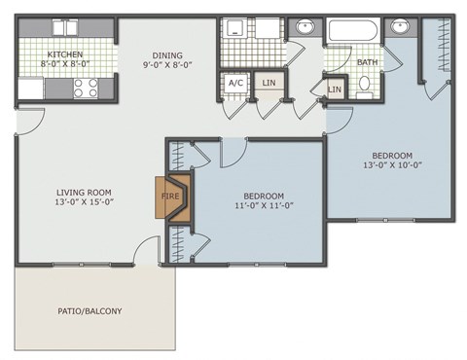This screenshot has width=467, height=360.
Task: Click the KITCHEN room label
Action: (x=65, y=54)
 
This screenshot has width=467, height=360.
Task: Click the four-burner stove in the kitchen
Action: (x=85, y=89)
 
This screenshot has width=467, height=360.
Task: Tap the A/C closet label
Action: (x=235, y=84)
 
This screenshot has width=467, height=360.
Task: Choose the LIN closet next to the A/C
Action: (x=268, y=84)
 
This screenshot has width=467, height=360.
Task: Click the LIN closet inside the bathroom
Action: (x=335, y=90)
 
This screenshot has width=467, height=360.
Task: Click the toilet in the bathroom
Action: (x=365, y=85)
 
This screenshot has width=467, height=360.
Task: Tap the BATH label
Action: (x=367, y=62)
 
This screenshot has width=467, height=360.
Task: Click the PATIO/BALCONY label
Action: (x=90, y=311)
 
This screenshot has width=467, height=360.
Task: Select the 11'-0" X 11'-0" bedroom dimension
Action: (x=264, y=206)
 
